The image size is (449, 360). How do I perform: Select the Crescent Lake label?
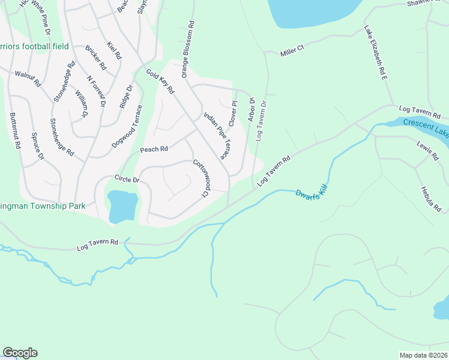click(x=426, y=127)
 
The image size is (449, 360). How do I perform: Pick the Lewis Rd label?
click(x=427, y=150)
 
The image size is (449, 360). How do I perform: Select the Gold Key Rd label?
click(x=160, y=82)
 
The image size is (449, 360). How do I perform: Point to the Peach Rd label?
click(x=154, y=149)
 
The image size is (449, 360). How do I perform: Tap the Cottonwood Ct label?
click(x=200, y=178)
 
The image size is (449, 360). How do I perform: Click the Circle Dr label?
click(x=127, y=179)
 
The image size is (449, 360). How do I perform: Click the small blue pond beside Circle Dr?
click(x=123, y=205)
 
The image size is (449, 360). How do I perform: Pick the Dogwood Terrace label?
click(x=127, y=127)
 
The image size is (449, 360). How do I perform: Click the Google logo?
click(x=20, y=353)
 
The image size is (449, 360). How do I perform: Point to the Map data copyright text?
click(x=423, y=355)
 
